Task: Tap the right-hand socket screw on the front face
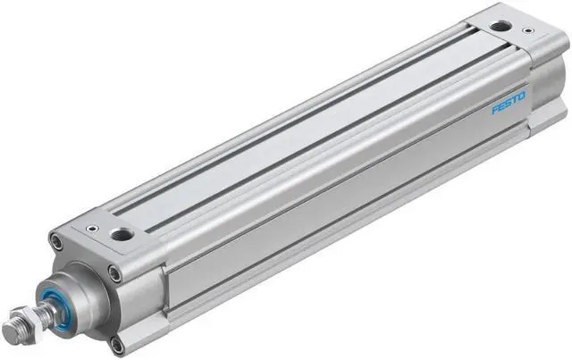point(114,272)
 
